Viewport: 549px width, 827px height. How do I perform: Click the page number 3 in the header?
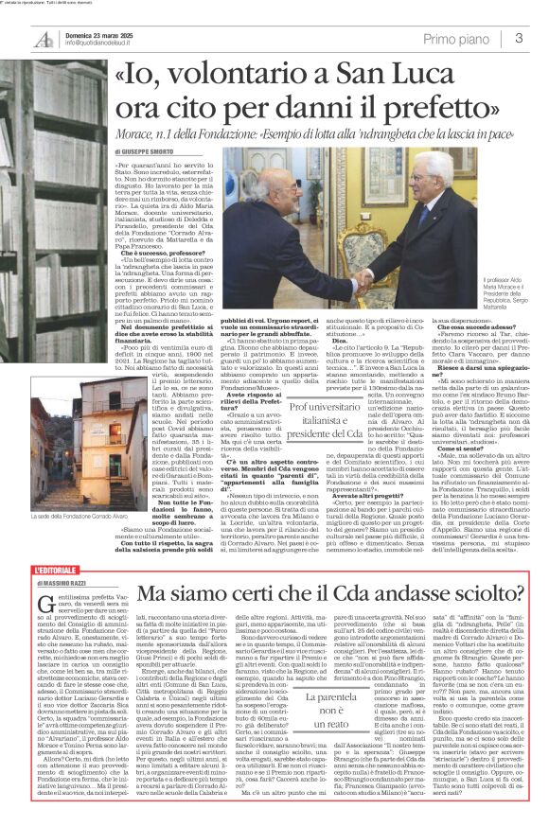520,38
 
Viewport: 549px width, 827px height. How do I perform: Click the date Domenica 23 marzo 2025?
94,32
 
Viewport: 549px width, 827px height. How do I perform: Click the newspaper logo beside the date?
40,37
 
